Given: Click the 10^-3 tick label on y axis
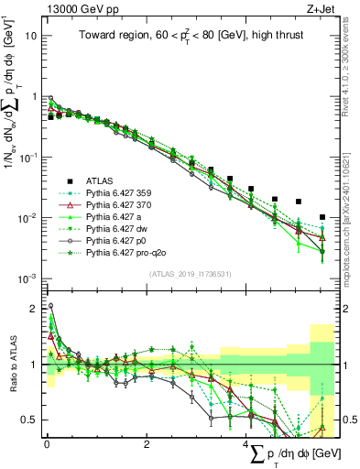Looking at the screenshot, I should [x=27, y=278].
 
